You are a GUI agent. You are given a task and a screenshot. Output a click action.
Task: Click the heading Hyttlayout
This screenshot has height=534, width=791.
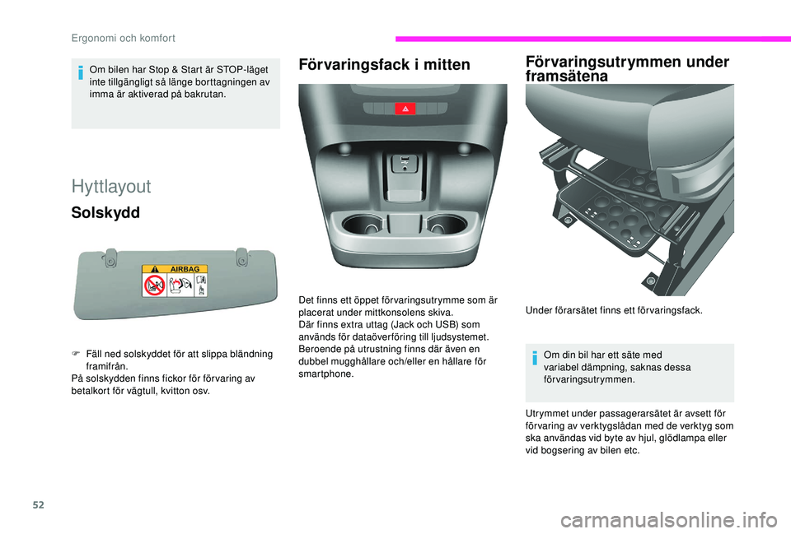tap(111, 186)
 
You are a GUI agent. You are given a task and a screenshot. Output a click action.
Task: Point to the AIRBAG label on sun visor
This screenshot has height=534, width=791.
tap(185, 269)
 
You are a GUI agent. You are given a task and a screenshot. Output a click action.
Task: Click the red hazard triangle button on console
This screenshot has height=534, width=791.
tap(405, 109)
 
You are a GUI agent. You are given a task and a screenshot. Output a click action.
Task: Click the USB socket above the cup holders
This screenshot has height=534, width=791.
tap(405, 162)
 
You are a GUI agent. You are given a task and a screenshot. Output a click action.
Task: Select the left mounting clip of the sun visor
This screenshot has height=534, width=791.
tap(110, 258)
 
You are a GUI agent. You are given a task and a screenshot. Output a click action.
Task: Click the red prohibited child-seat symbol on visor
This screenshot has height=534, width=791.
tap(153, 286)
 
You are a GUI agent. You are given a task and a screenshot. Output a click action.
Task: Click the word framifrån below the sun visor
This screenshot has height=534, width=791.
tap(108, 366)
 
